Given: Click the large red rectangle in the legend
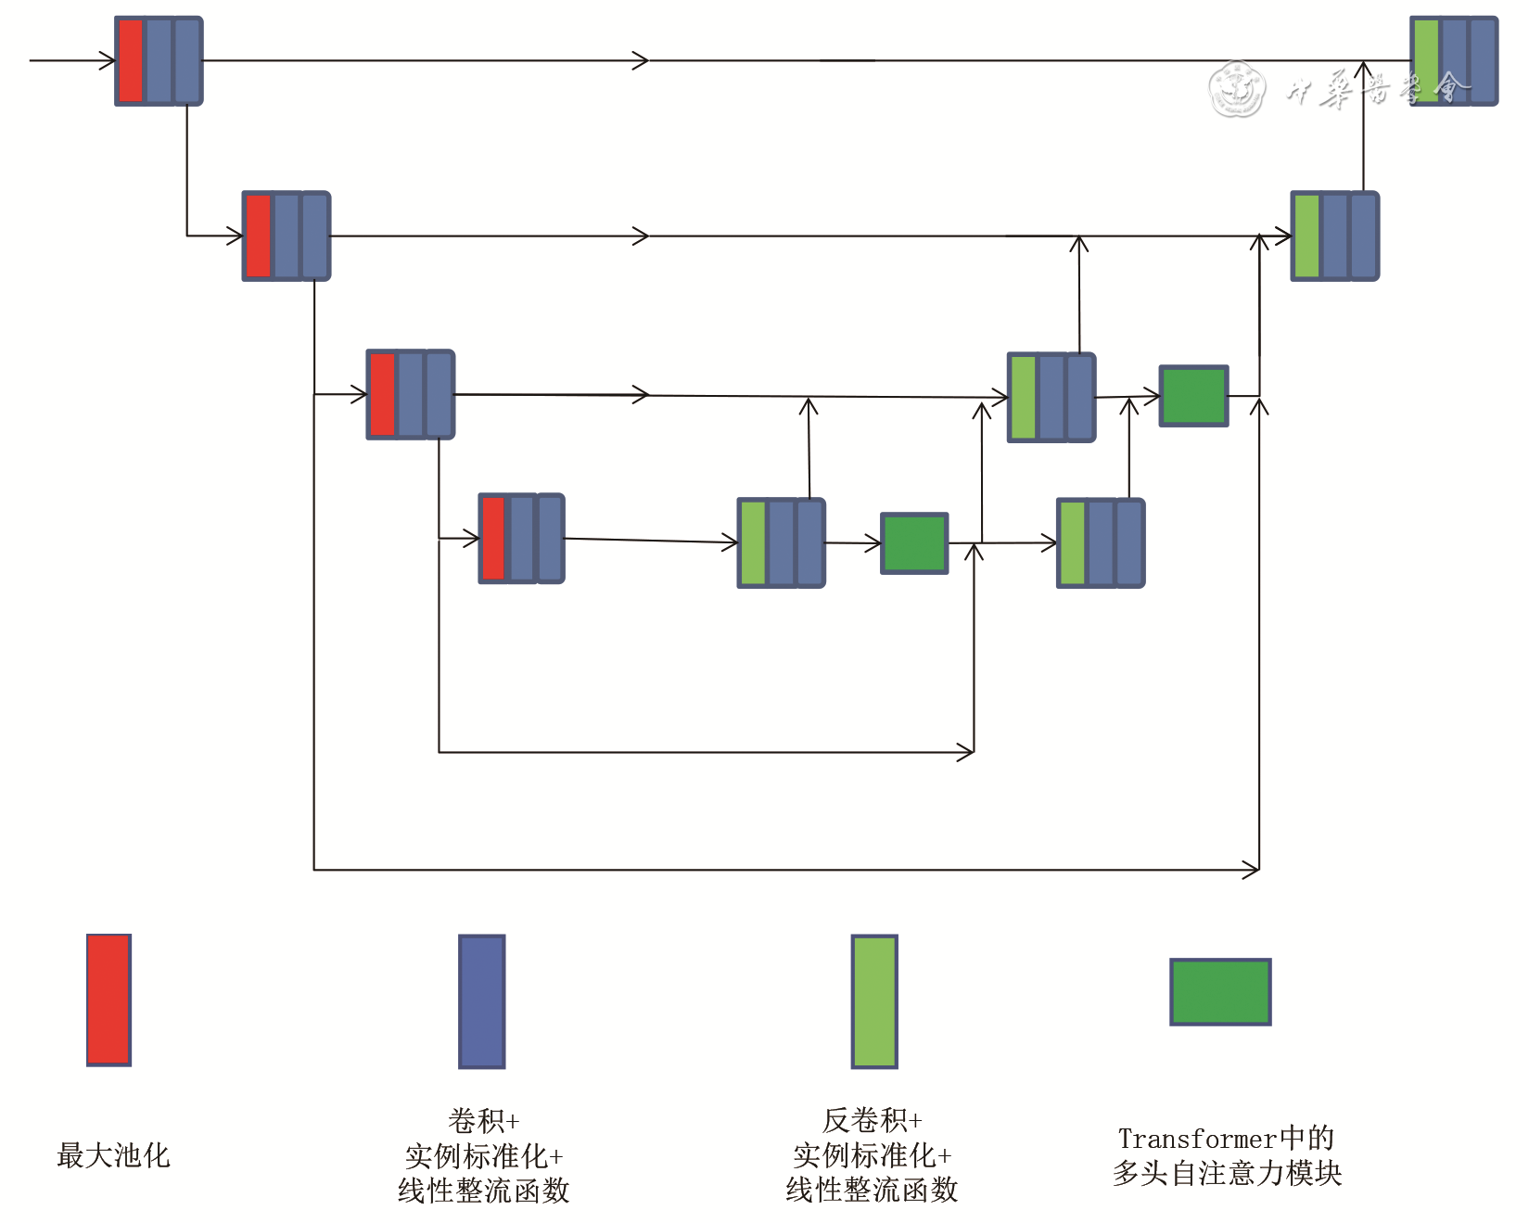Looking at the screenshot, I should pyautogui.click(x=108, y=1000).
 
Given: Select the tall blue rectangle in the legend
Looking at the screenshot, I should pyautogui.click(x=481, y=1001).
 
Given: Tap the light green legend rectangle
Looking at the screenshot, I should pyautogui.click(x=874, y=1001).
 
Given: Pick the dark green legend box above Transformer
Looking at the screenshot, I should pyautogui.click(x=1220, y=991).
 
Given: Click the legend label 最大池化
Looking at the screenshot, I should pyautogui.click(x=113, y=1155).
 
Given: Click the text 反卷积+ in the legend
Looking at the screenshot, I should pyautogui.click(x=872, y=1120).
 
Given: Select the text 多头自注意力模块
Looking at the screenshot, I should pyautogui.click(x=1227, y=1174).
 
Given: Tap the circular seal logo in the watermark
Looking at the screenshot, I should pyautogui.click(x=1237, y=89).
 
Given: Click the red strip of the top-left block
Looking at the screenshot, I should pyautogui.click(x=131, y=60).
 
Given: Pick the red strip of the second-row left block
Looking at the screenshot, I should pyautogui.click(x=258, y=236).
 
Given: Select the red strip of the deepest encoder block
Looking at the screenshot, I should pyautogui.click(x=493, y=538).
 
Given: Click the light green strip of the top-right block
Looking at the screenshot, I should pyautogui.click(x=1426, y=60).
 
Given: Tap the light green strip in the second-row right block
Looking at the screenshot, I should pyautogui.click(x=1306, y=236).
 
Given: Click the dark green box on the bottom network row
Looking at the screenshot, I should pyautogui.click(x=913, y=543).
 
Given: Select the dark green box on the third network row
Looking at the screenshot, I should pyautogui.click(x=1193, y=396).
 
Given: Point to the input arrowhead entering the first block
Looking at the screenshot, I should pyautogui.click(x=108, y=60).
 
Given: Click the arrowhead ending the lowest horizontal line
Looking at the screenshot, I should pyautogui.click(x=1253, y=870).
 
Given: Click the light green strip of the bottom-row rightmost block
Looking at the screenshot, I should pyautogui.click(x=1072, y=543).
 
